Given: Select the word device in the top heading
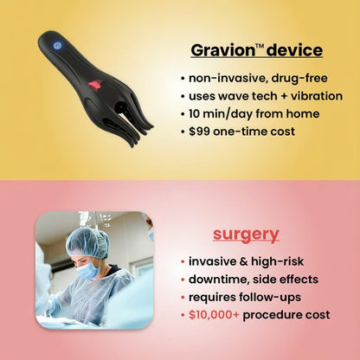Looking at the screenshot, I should pos(294,50).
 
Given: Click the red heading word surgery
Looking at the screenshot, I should pos(247,234).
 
